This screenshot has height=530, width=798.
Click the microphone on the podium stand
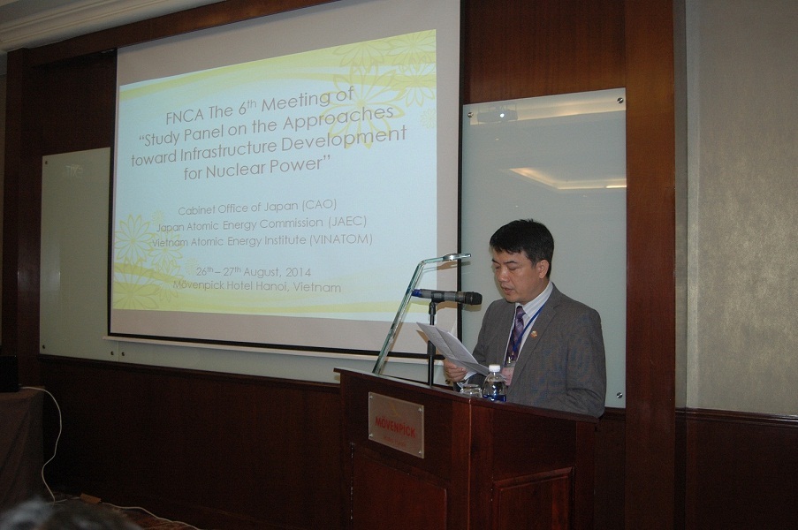point(447,296)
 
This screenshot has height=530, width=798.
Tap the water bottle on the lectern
point(493,382)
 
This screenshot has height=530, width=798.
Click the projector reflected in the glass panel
point(498,113)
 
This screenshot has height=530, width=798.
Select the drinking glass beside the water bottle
point(472,390)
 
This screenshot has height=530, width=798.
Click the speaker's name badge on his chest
point(509,370)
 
